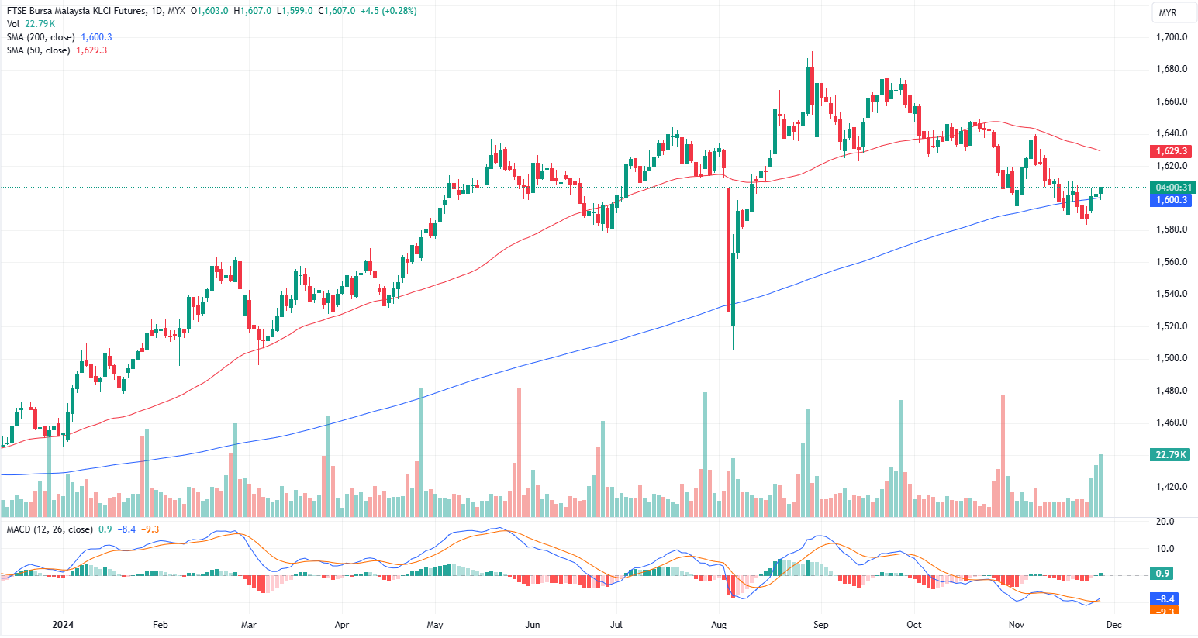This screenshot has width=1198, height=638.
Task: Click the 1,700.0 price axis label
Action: click(1171, 37)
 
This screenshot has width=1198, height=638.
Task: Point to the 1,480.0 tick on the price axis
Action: click(1171, 391)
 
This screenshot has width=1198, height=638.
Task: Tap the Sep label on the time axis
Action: click(820, 625)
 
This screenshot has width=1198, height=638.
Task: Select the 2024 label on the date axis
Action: click(63, 625)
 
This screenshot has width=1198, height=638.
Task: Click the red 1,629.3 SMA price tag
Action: click(1171, 151)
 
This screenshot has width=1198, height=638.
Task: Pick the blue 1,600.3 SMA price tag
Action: click(1171, 200)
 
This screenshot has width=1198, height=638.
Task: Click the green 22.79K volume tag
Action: click(1171, 454)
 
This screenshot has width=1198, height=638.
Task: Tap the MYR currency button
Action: click(1167, 13)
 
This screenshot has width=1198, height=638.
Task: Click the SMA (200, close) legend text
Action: click(41, 37)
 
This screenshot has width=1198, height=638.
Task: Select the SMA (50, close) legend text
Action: click(39, 50)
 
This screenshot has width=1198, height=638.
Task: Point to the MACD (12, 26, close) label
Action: click(50, 529)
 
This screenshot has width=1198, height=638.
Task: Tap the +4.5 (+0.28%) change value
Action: click(388, 11)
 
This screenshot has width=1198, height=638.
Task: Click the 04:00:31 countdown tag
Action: click(1173, 188)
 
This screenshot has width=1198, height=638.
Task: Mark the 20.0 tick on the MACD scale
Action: click(1165, 522)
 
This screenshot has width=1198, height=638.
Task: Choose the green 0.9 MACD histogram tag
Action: click(1162, 574)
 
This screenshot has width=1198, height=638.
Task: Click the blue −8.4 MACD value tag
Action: click(1165, 599)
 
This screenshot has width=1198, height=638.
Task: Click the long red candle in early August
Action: click(728, 248)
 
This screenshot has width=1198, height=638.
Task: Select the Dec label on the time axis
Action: click(1114, 625)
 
